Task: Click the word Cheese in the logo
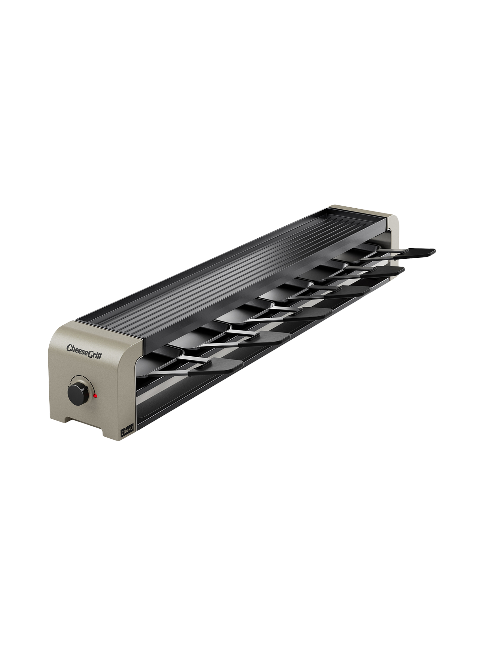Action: [x=77, y=347]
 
